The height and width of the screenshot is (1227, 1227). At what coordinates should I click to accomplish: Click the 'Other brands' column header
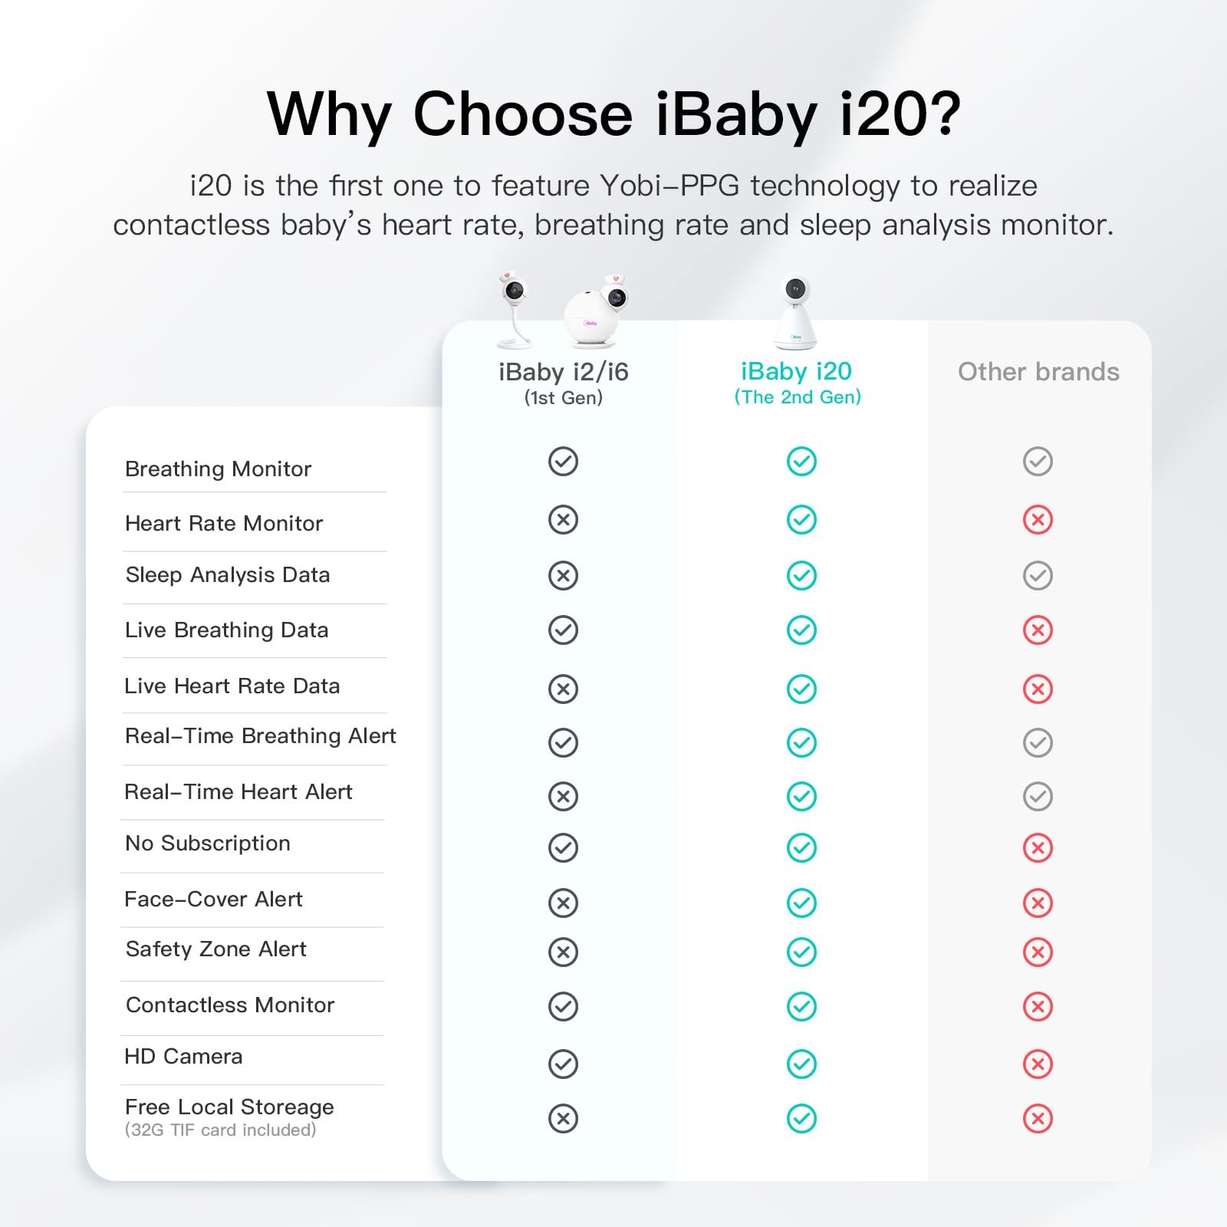pyautogui.click(x=1038, y=372)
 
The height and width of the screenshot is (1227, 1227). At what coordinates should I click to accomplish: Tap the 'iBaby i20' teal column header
pyautogui.click(x=796, y=371)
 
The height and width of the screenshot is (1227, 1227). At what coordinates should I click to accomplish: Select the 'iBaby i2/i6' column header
pyautogui.click(x=563, y=372)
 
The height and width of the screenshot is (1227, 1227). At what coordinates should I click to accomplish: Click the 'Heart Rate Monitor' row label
pyautogui.click(x=224, y=523)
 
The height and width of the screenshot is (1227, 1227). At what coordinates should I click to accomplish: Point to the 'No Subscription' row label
pyautogui.click(x=208, y=844)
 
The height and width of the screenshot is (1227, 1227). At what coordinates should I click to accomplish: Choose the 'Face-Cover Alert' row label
pyautogui.click(x=214, y=899)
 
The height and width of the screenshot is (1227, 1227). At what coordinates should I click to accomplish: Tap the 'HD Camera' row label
pyautogui.click(x=184, y=1057)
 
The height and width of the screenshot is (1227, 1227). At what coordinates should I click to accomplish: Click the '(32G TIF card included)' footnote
pyautogui.click(x=221, y=1130)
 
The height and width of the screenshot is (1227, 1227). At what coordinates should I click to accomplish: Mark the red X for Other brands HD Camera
pyautogui.click(x=1038, y=1064)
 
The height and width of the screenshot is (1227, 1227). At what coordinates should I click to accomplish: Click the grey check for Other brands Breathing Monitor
pyautogui.click(x=1038, y=461)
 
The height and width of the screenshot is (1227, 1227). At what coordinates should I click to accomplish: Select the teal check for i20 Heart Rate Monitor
pyautogui.click(x=801, y=520)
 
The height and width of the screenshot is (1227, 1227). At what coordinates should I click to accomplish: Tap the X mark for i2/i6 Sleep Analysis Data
pyautogui.click(x=563, y=575)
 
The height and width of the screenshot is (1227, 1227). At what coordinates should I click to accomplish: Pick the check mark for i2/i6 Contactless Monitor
pyautogui.click(x=563, y=1006)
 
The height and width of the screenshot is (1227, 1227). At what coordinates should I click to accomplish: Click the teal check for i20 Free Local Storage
pyautogui.click(x=801, y=1118)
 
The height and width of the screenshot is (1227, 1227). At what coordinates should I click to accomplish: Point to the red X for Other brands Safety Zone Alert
pyautogui.click(x=1038, y=952)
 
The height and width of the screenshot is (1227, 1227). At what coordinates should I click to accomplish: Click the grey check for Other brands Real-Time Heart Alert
pyautogui.click(x=1038, y=796)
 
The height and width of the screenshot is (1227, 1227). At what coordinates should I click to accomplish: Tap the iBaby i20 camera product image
pyautogui.click(x=795, y=312)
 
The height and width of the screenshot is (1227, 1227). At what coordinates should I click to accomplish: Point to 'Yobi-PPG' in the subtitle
pyautogui.click(x=669, y=186)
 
